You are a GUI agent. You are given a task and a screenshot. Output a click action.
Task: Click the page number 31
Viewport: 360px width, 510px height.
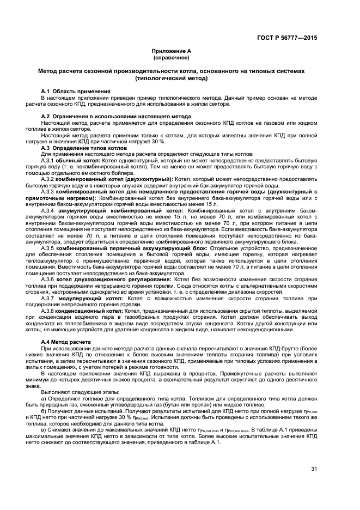click(x=314, y=469)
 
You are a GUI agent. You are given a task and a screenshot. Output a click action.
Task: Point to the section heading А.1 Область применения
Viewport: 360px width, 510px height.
click(x=76, y=91)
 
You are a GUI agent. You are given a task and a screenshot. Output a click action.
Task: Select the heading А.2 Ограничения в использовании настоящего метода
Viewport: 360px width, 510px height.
click(x=116, y=117)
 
